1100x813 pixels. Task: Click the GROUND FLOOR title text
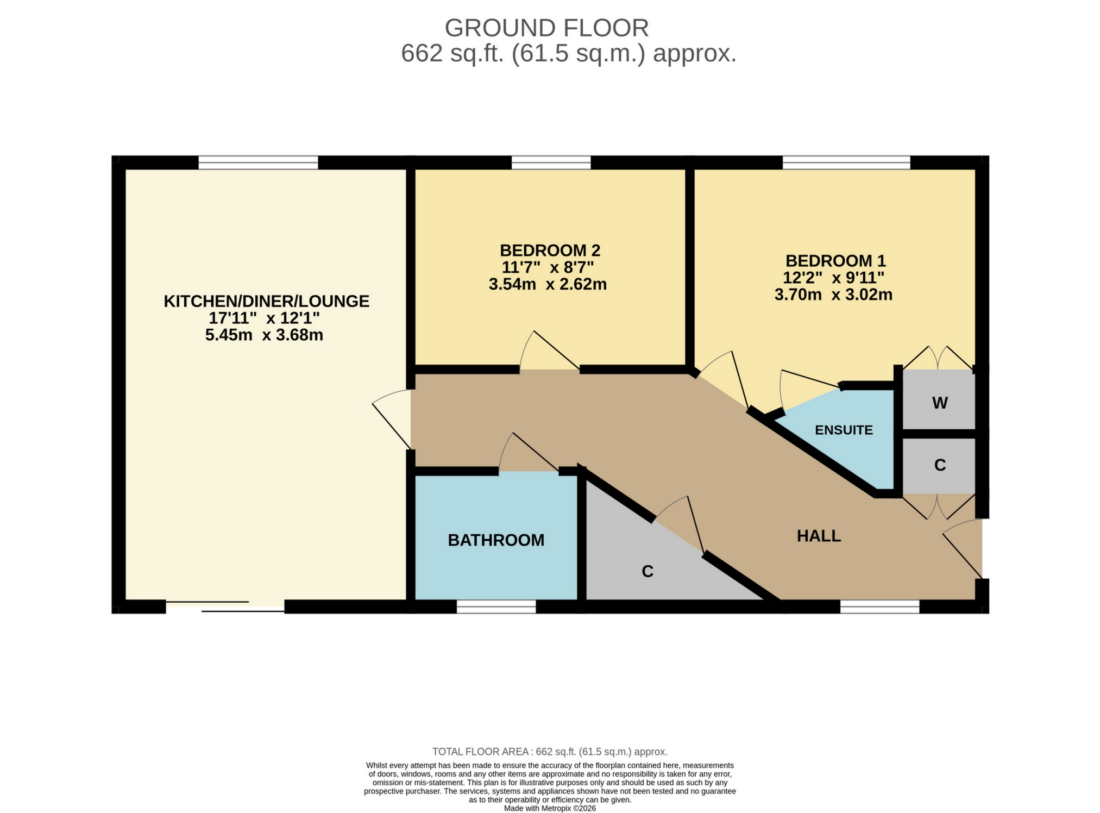pos(546,28)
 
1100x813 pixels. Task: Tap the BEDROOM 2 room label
pos(550,251)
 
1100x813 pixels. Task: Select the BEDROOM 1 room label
pos(835,260)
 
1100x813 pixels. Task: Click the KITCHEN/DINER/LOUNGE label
pos(266,301)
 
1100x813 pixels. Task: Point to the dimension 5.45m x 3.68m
pos(264,335)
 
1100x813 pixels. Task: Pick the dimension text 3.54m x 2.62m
pos(548,284)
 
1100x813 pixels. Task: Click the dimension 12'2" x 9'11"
pos(833,278)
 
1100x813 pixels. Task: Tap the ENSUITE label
pos(844,430)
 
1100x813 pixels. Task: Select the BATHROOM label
pos(496,540)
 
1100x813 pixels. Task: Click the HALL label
pos(819,536)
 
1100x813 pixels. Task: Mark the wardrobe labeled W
pos(940,403)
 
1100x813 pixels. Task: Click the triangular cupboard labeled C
pos(646,571)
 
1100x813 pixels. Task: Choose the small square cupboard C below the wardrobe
pos(940,465)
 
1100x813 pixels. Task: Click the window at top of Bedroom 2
pos(551,162)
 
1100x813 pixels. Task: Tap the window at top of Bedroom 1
pos(846,162)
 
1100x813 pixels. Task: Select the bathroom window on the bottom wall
pos(496,607)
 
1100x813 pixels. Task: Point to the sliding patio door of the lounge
pos(225,606)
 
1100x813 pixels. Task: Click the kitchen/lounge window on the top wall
pos(258,162)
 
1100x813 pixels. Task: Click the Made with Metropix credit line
pos(550,809)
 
